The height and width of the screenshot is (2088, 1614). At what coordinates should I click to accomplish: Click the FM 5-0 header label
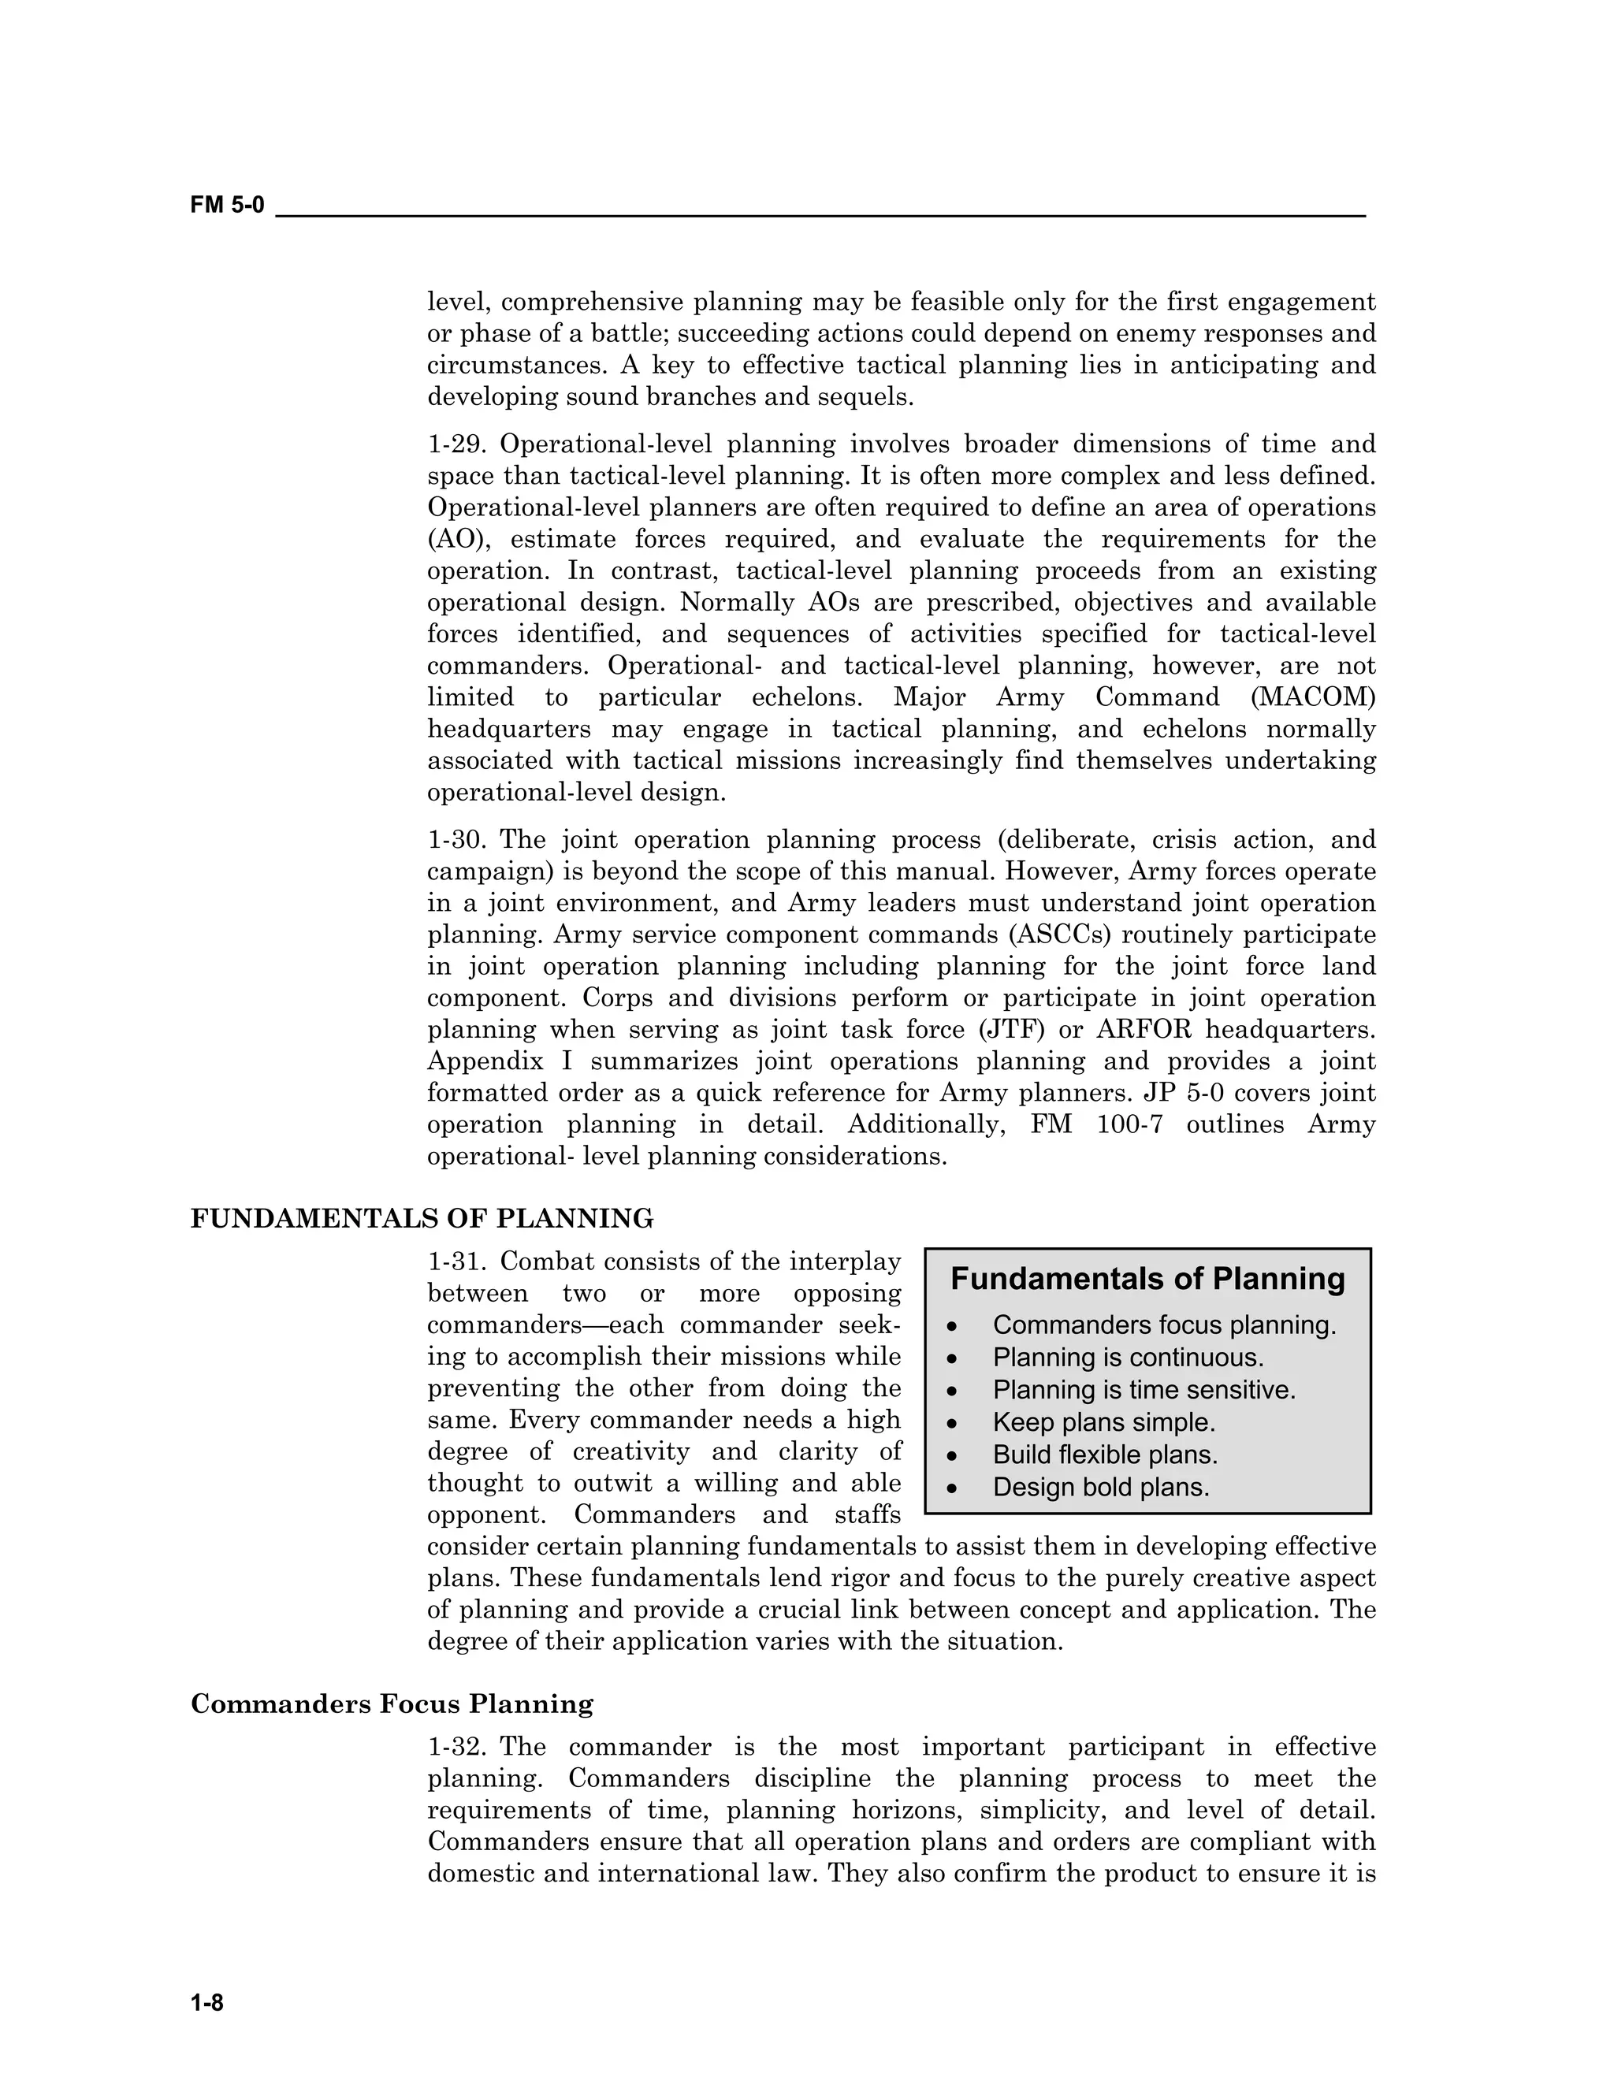click(x=227, y=205)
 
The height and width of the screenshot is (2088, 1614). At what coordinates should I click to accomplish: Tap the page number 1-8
click(x=206, y=2002)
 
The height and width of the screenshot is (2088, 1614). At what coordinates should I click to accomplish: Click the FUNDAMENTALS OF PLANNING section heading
click(x=422, y=1218)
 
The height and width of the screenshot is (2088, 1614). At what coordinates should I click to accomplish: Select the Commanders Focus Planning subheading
click(x=392, y=1703)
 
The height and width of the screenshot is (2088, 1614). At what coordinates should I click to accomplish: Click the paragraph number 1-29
click(x=458, y=444)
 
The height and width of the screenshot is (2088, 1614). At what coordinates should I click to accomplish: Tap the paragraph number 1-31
click(x=458, y=1262)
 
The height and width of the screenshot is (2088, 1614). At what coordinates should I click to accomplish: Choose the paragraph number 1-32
click(x=458, y=1748)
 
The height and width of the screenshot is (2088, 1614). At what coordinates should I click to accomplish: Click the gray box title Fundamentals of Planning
click(x=1147, y=1279)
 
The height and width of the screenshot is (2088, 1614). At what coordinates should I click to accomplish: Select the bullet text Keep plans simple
click(x=1103, y=1422)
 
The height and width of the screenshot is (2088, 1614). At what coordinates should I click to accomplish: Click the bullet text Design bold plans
click(x=1100, y=1488)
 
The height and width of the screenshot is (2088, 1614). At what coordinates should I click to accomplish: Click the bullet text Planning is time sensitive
click(x=1144, y=1390)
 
